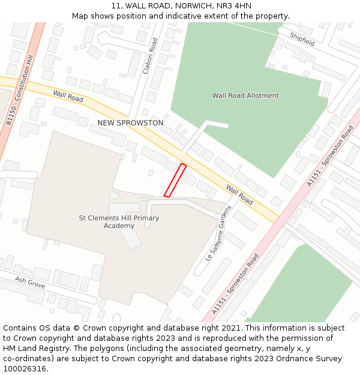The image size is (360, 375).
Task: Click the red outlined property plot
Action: [x=175, y=180]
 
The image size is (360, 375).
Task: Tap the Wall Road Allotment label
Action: [x=245, y=95]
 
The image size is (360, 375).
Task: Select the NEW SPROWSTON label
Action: [x=130, y=123]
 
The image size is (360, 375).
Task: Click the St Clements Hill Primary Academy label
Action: [x=119, y=221]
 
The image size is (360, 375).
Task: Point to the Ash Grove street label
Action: [x=30, y=283]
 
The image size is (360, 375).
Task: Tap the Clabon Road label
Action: [x=151, y=56]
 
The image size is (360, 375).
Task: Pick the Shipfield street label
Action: [x=302, y=40]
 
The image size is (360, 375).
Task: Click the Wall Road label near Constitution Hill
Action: [x=68, y=96]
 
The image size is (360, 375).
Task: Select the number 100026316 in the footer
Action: [x=25, y=368]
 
